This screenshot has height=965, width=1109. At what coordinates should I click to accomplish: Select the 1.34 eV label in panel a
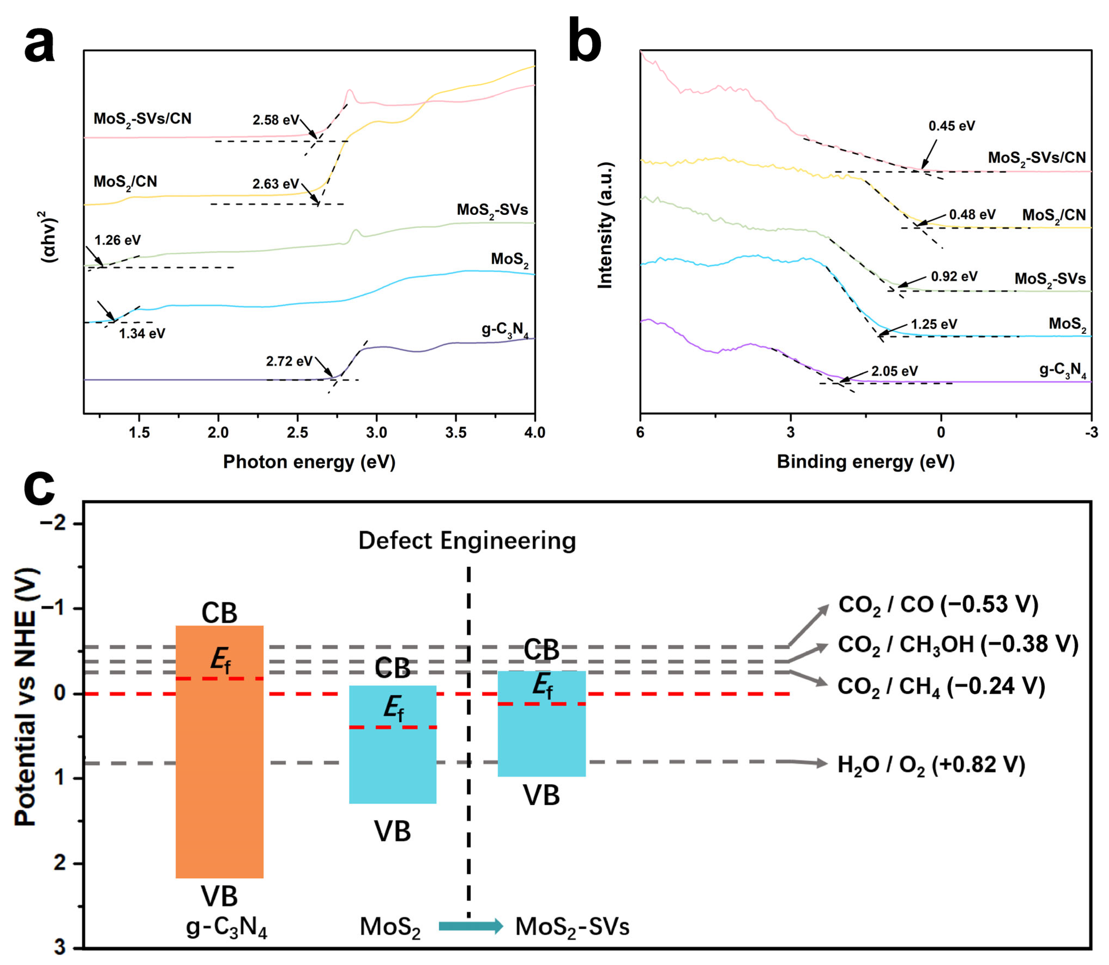point(142,333)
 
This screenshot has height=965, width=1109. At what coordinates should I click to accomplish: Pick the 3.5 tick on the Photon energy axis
point(456,432)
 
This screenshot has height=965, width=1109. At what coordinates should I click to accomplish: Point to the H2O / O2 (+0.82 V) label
point(931,765)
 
